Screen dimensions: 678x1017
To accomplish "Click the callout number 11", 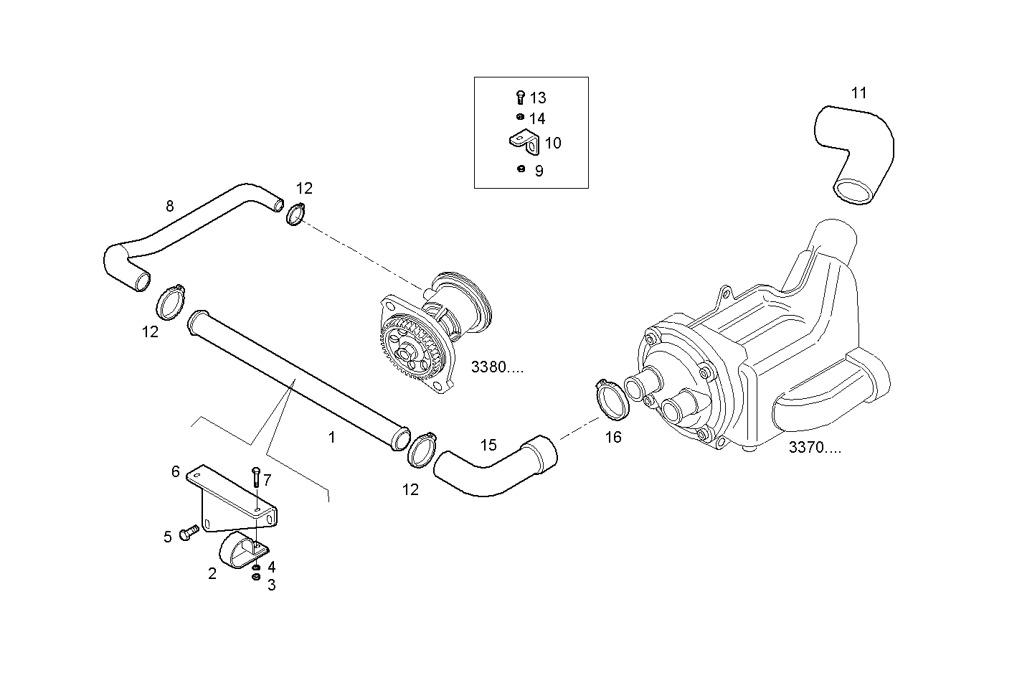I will pyautogui.click(x=858, y=93).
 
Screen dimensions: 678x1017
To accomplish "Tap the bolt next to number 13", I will pyautogui.click(x=521, y=98).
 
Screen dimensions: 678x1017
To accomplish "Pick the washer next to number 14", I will pyautogui.click(x=520, y=117).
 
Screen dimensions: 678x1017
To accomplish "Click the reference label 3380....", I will pyautogui.click(x=497, y=367).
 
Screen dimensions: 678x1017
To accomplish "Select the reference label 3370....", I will pyautogui.click(x=815, y=448).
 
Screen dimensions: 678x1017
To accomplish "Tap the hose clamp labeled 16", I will pyautogui.click(x=612, y=399).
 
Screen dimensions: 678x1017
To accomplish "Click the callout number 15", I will pyautogui.click(x=488, y=445).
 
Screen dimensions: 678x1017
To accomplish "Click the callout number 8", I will pyautogui.click(x=169, y=207).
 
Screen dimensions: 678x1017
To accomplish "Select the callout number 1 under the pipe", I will pyautogui.click(x=331, y=436).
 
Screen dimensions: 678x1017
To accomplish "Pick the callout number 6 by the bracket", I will pyautogui.click(x=175, y=471).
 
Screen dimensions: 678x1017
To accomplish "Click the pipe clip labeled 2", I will pyautogui.click(x=237, y=551).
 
